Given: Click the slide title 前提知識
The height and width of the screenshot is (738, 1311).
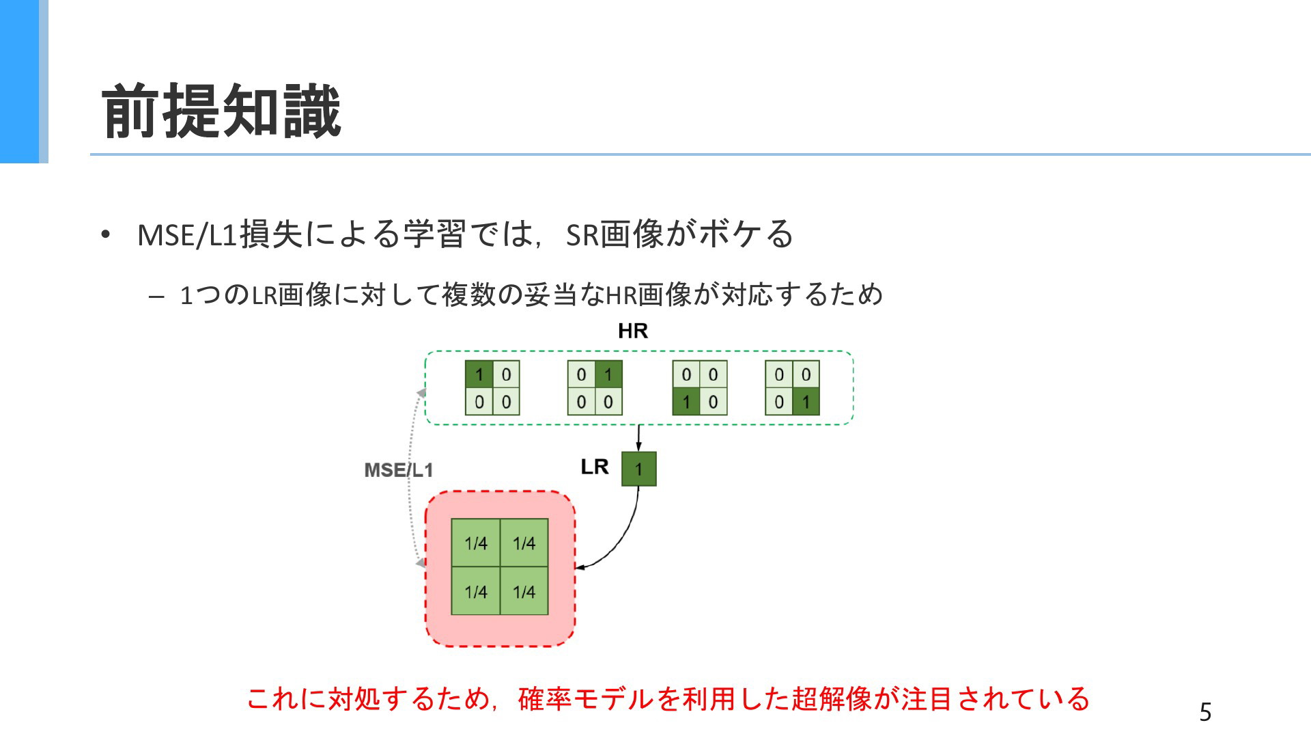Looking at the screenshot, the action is point(221,111).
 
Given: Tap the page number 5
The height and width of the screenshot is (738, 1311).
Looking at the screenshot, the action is point(1205,712).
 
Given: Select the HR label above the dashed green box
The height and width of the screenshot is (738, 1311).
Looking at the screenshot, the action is point(633,331).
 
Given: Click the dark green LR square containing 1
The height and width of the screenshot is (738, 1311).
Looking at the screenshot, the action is point(638,469).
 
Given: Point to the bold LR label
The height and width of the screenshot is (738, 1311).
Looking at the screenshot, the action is point(594,467).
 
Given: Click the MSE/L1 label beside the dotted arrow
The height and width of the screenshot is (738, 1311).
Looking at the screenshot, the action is point(399,470).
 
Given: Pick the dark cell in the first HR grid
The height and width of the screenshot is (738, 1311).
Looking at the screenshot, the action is point(479,374).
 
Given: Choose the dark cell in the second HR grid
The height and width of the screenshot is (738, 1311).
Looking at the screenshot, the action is point(608,374).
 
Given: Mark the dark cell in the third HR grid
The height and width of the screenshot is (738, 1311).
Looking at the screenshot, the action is point(686,401).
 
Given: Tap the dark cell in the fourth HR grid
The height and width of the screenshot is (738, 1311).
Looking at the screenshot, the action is point(806,401).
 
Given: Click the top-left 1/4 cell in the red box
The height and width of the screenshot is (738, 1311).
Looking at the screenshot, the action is point(476,543).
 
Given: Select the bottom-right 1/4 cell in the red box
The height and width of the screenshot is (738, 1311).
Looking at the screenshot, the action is point(524,591).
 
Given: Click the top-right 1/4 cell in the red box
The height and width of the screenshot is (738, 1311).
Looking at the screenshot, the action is point(524,543).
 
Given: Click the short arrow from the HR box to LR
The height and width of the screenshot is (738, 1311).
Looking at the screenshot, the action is point(638,438).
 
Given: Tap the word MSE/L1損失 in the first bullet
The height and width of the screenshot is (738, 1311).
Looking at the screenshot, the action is point(220,234).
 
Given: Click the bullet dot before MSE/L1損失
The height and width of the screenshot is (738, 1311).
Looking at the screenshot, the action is point(104,235).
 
